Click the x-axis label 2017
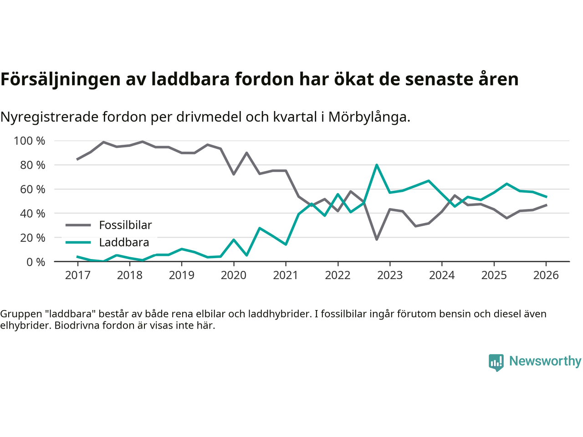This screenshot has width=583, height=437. [x=77, y=275]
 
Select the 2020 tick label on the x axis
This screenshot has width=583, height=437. [x=234, y=275]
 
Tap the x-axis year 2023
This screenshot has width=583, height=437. [x=390, y=275]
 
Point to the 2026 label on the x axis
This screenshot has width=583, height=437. [x=546, y=275]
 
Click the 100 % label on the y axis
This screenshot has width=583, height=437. [x=30, y=141]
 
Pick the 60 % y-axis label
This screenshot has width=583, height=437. [x=33, y=189]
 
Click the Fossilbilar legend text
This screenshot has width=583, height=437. [x=125, y=225]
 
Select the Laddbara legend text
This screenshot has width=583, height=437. [x=124, y=243]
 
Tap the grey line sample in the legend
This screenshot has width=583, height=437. [x=78, y=225]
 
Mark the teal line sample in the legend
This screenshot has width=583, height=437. [x=78, y=242]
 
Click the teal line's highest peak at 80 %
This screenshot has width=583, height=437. [x=377, y=165]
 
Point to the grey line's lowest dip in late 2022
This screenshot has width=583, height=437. [x=377, y=239]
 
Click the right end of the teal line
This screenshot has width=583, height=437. [x=546, y=197]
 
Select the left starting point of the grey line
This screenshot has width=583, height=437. [x=77, y=159]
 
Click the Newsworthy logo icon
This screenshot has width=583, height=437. [x=496, y=362]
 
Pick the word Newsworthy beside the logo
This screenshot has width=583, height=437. [x=545, y=361]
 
